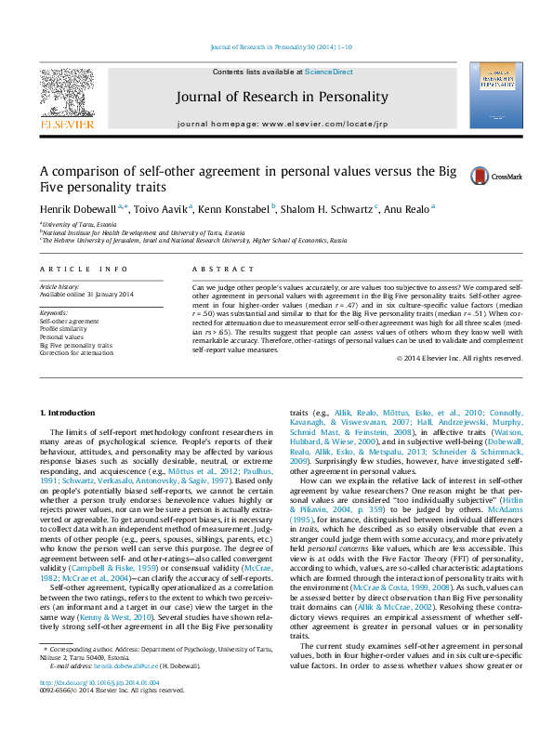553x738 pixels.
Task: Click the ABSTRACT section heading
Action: pos(210,269)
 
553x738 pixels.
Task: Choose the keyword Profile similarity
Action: pos(64,328)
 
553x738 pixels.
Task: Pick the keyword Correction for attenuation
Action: pos(76,353)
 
